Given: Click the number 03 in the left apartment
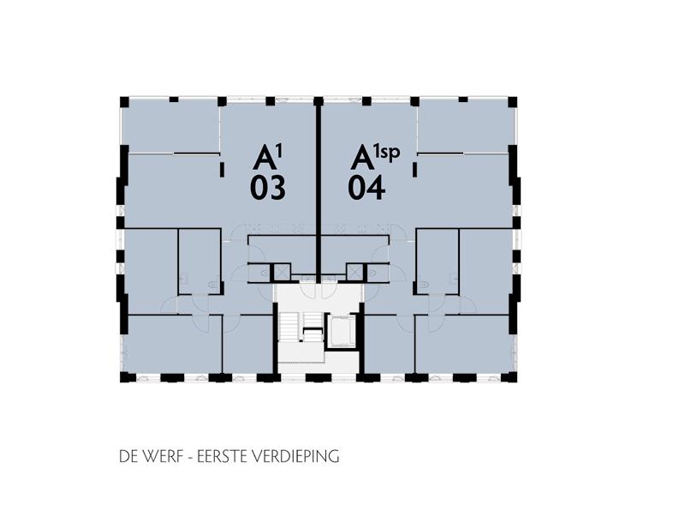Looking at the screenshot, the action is pos(267,188).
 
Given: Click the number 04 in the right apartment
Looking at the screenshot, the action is pos(366,188).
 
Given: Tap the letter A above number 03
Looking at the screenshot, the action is pos(264,158).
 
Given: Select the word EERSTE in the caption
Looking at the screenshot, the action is pos(226,457).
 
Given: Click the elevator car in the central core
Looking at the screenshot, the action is pos(342,331).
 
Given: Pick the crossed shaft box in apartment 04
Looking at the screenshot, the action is pos(354,272).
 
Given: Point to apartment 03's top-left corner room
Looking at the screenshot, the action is pos(170,125).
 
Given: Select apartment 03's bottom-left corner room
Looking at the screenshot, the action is pos(171,344).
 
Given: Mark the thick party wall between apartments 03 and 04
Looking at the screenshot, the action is pos(319,189).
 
